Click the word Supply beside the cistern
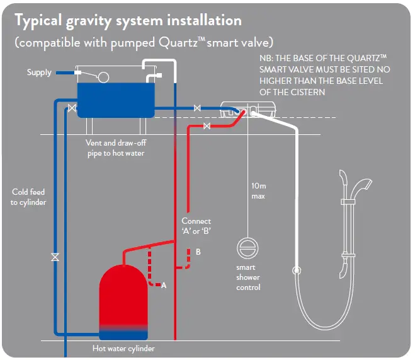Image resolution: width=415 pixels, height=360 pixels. click(x=39, y=73)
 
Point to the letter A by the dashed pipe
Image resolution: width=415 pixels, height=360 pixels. click(x=164, y=286)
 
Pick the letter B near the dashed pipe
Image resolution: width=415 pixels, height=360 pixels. click(x=198, y=252)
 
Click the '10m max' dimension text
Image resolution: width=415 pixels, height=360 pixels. click(x=258, y=191)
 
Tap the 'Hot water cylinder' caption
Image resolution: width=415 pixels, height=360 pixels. click(x=123, y=348)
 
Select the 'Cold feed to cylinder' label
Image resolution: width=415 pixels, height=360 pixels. click(x=28, y=197)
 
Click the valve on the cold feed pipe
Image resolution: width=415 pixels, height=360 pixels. click(x=55, y=257)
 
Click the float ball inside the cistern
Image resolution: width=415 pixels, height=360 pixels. click(x=103, y=77)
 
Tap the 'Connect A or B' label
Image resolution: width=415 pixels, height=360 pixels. click(x=196, y=226)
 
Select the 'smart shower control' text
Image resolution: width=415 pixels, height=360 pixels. click(x=248, y=277)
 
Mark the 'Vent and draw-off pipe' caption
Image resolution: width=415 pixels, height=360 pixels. click(x=115, y=148)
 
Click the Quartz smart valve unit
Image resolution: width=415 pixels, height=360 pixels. click(x=248, y=110)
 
